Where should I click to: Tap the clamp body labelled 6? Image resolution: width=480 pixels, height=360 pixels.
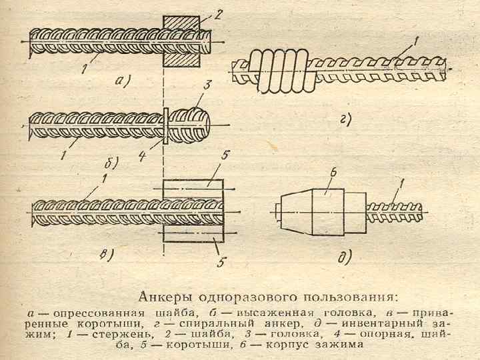(x=324, y=211)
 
